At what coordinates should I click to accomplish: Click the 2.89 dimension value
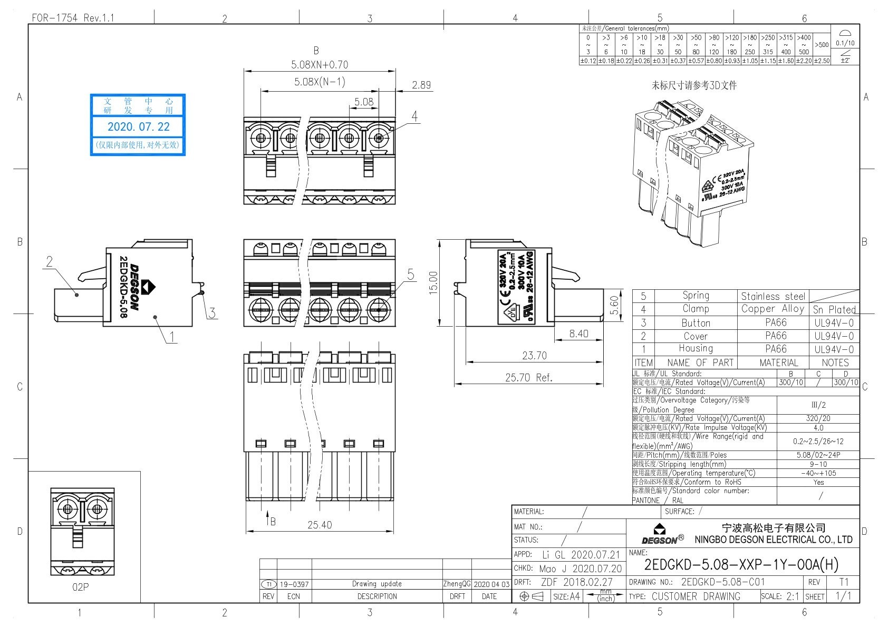pyautogui.click(x=421, y=85)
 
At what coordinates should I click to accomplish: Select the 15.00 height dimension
pyautogui.click(x=434, y=283)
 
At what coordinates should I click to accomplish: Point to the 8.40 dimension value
pyautogui.click(x=578, y=334)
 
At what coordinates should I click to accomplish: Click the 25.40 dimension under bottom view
pyautogui.click(x=320, y=525)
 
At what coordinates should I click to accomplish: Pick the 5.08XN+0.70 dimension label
pyautogui.click(x=320, y=65)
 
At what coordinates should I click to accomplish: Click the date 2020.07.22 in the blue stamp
pyautogui.click(x=138, y=126)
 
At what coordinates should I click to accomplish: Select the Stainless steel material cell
pyautogui.click(x=773, y=296)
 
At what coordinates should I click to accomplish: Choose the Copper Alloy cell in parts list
pyautogui.click(x=773, y=309)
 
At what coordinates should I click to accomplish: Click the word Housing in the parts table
pyautogui.click(x=696, y=348)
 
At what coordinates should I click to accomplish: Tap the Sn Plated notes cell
pyautogui.click(x=834, y=309)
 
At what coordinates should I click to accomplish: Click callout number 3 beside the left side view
pyautogui.click(x=212, y=313)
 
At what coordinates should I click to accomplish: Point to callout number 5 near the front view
pyautogui.click(x=411, y=275)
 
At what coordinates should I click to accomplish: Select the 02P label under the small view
pyautogui.click(x=81, y=587)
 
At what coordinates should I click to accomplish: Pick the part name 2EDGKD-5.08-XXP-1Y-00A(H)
pyautogui.click(x=741, y=565)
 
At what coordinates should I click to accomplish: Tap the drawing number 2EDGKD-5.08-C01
pyautogui.click(x=722, y=582)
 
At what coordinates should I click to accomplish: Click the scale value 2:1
pyautogui.click(x=793, y=596)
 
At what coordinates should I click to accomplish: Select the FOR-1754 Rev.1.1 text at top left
pyautogui.click(x=73, y=18)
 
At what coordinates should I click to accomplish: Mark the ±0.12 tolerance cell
pyautogui.click(x=588, y=61)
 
